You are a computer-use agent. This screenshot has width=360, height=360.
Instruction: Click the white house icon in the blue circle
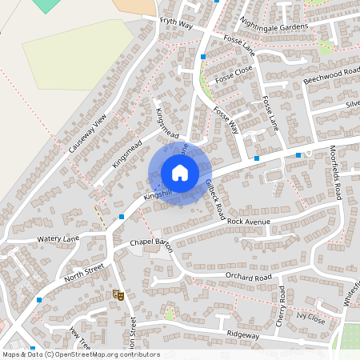point(180,173)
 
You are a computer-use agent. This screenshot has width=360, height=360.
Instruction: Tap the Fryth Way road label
point(177,24)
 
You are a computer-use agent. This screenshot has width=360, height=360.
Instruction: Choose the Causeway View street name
point(87,134)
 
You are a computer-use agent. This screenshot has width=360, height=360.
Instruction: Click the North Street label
point(85,276)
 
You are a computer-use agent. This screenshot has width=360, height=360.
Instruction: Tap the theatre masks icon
point(120,296)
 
